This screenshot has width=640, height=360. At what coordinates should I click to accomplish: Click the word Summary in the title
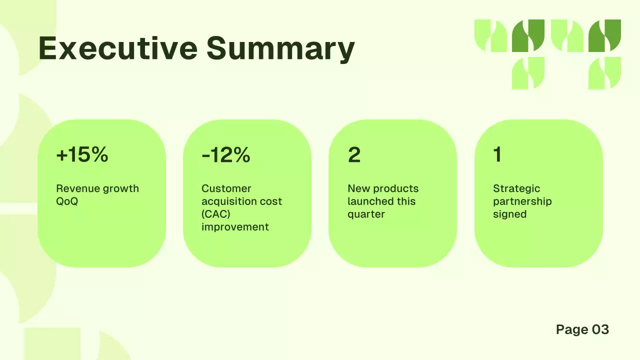point(280,48)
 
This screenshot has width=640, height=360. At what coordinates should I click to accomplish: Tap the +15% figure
point(82,155)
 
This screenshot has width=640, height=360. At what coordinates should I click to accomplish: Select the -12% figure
point(226,155)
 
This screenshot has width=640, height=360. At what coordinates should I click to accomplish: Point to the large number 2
point(354,155)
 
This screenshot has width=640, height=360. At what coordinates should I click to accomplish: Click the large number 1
point(497,155)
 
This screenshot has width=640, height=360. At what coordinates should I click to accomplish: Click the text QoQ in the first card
point(67,201)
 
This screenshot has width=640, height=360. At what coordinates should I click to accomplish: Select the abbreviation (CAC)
point(216,214)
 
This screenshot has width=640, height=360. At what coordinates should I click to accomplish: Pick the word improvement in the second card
point(235,227)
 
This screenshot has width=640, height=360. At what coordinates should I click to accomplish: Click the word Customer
point(226,188)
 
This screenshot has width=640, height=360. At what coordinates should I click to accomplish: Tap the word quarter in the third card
point(366,214)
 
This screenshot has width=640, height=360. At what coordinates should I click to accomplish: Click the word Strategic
point(516,188)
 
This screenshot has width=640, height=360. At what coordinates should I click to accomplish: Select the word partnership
point(522,201)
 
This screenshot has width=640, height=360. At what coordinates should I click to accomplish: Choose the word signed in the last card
point(509,214)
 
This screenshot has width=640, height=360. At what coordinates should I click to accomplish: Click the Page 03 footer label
point(582,329)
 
